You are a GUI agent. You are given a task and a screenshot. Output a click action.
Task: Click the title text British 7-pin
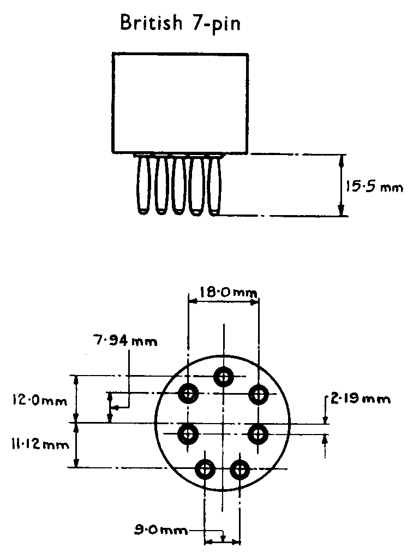181,23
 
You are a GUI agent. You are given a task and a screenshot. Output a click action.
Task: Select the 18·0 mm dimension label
223,293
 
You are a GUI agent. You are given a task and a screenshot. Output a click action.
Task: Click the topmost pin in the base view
223,376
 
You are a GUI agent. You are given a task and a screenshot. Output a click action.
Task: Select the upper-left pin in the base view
189,393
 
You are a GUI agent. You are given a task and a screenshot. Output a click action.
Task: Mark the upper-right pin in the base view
258,393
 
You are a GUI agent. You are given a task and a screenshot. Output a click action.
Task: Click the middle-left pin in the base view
188,434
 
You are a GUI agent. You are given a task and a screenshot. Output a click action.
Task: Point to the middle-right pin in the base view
258,434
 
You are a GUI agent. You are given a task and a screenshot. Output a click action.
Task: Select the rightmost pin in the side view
214,185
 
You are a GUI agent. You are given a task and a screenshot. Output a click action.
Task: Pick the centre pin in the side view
178,185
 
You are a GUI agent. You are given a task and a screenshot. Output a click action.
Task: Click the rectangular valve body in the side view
180,102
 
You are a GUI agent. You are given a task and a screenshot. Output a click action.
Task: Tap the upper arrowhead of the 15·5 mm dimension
342,159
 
